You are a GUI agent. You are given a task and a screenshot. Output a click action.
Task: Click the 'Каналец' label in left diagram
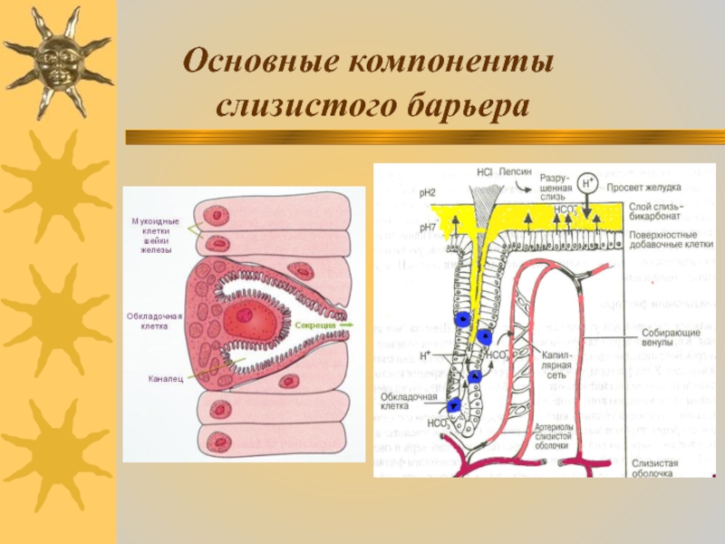(x=166, y=377)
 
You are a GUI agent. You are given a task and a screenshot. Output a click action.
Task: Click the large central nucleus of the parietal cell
(x=246, y=317)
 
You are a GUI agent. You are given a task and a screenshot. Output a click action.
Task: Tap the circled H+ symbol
(x=588, y=183)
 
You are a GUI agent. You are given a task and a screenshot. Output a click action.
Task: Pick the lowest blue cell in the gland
(x=456, y=405)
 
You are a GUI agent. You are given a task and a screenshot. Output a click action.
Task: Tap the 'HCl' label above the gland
(x=483, y=170)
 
